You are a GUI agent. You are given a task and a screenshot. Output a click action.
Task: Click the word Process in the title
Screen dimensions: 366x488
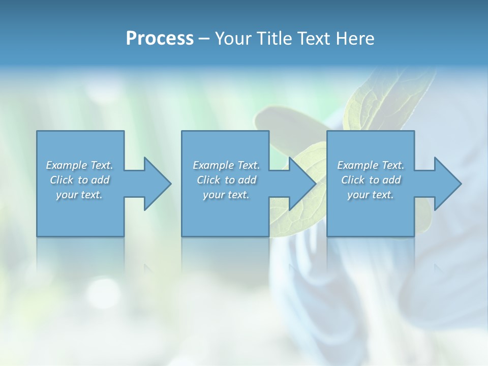[x=160, y=38]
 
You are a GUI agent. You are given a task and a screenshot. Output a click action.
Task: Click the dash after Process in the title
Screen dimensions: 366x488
[x=204, y=39]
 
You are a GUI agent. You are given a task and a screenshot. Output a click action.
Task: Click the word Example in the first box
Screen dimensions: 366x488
[x=66, y=165]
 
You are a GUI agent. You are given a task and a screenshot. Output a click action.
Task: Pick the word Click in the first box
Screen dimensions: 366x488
[x=62, y=180]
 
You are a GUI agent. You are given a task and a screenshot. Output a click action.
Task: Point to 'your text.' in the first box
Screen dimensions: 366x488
[x=79, y=195]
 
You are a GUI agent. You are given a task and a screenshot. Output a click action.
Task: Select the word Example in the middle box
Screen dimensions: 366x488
[x=213, y=165]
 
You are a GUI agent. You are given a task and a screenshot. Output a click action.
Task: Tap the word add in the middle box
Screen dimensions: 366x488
[x=247, y=180]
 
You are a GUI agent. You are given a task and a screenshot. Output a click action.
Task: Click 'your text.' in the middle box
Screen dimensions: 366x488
[x=226, y=195]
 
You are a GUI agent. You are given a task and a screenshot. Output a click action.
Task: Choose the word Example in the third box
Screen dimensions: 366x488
[x=357, y=165]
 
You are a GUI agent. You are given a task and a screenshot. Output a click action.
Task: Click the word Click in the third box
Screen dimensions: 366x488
[x=353, y=180]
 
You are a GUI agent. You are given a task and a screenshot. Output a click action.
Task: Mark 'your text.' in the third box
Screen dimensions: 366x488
[x=371, y=195]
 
